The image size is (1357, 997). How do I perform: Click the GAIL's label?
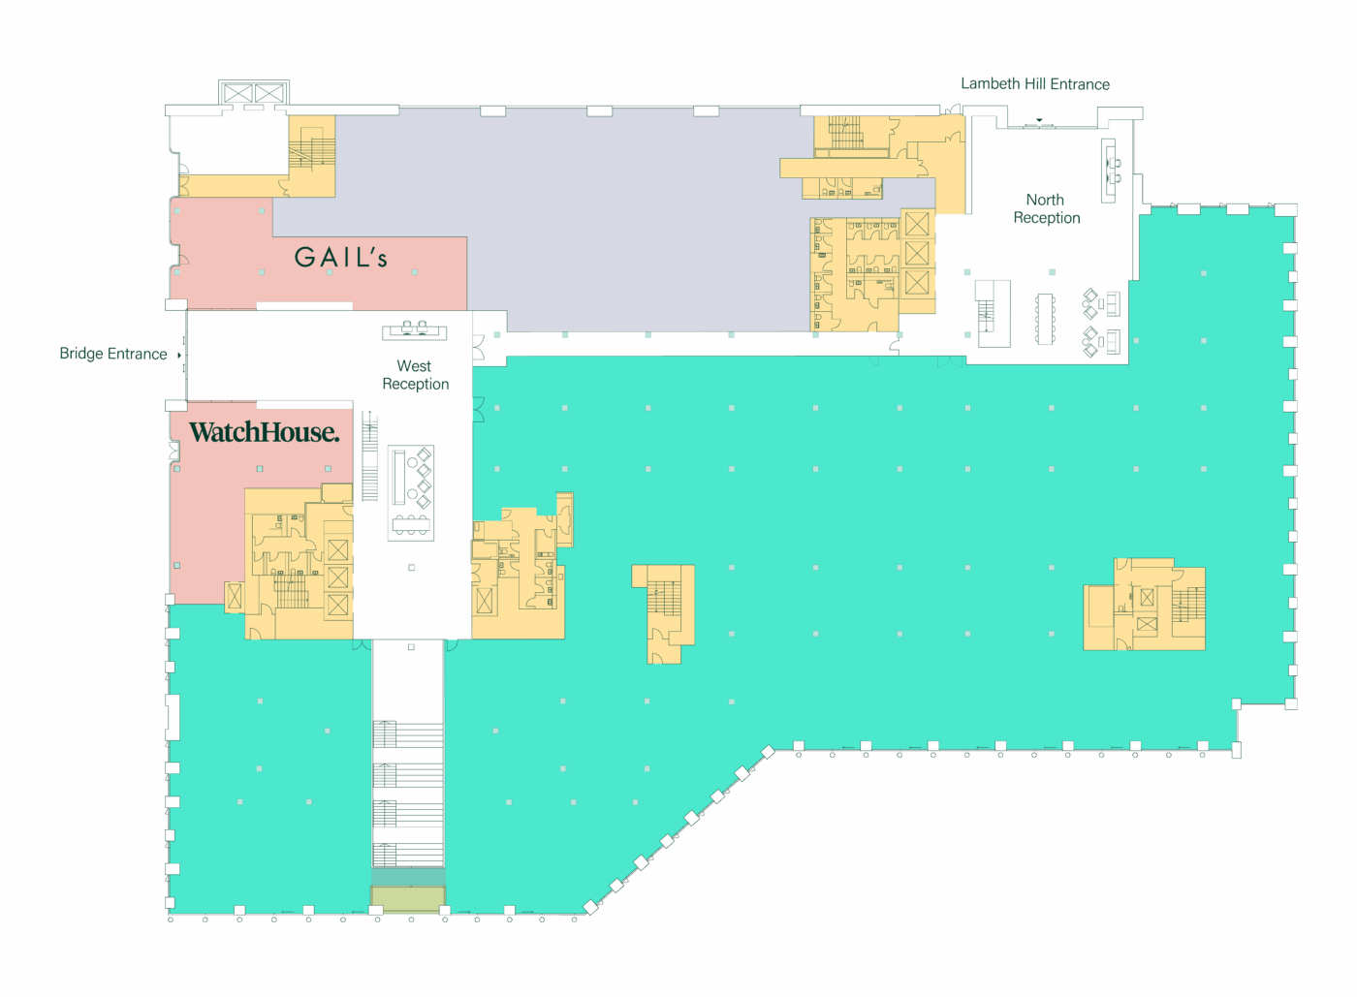(340, 258)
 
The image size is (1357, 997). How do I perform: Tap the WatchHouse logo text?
(264, 432)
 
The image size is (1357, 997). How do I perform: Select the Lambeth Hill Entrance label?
(1035, 84)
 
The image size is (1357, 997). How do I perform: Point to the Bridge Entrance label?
(113, 354)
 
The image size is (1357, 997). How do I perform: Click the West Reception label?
(416, 375)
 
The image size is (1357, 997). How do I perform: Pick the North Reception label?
(1046, 208)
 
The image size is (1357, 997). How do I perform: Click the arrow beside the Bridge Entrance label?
(179, 355)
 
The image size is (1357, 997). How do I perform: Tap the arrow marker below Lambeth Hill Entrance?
(1039, 120)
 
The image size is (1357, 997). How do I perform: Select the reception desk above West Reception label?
(415, 330)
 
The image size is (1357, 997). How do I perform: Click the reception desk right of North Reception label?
(1109, 171)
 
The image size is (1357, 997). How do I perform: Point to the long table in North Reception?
(1045, 319)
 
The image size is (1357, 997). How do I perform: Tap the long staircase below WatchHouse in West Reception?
(369, 455)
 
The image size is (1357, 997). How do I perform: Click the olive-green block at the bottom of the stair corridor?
(408, 897)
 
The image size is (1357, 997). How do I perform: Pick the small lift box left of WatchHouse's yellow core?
(235, 597)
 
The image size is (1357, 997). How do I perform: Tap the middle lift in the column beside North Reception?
(917, 253)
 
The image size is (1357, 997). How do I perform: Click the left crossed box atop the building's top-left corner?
(237, 93)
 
